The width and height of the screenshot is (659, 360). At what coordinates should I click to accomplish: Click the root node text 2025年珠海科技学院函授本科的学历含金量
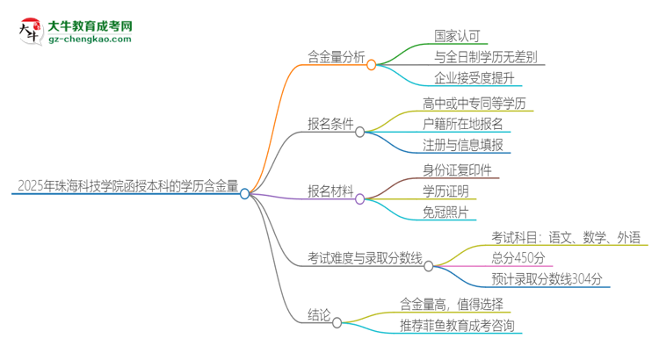coord(127,186)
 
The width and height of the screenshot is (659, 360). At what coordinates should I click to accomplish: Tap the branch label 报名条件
coord(330,125)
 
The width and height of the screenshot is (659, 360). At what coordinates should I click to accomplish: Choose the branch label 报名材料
coord(330,191)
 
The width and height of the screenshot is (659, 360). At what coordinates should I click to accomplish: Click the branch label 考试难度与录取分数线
coord(364,257)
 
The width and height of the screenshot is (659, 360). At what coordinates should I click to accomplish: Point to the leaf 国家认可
coord(458,36)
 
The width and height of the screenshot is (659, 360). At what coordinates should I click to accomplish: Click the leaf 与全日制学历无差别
coord(486,58)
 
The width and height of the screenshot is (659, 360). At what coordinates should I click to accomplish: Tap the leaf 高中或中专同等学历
coord(478,103)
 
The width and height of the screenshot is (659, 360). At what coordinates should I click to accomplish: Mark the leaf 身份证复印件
coord(457,169)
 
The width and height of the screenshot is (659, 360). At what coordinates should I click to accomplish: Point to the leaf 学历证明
coord(445,191)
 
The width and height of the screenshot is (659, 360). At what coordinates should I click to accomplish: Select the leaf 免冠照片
coord(445,212)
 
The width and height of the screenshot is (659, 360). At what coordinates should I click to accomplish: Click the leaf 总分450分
coord(518,257)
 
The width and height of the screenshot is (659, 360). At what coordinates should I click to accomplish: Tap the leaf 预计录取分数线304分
coord(547,279)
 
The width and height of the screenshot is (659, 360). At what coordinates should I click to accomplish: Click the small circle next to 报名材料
coord(359,198)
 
